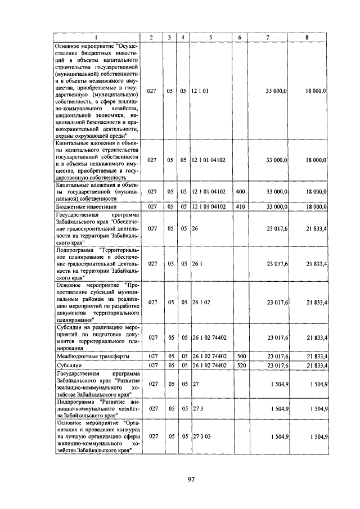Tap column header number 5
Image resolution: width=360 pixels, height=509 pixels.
click(210, 37)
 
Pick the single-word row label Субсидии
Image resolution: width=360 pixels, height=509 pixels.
click(67, 365)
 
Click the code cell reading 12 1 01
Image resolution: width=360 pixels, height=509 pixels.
click(200, 90)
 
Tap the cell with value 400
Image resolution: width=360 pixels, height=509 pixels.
click(240, 191)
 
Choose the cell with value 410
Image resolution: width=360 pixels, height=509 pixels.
click(240, 207)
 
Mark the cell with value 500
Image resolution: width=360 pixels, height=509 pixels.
click(240, 357)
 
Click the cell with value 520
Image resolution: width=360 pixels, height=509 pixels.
click(240, 365)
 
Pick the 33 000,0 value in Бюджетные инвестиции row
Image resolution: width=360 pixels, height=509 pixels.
click(276, 207)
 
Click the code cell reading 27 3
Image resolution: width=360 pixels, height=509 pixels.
click(197, 409)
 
